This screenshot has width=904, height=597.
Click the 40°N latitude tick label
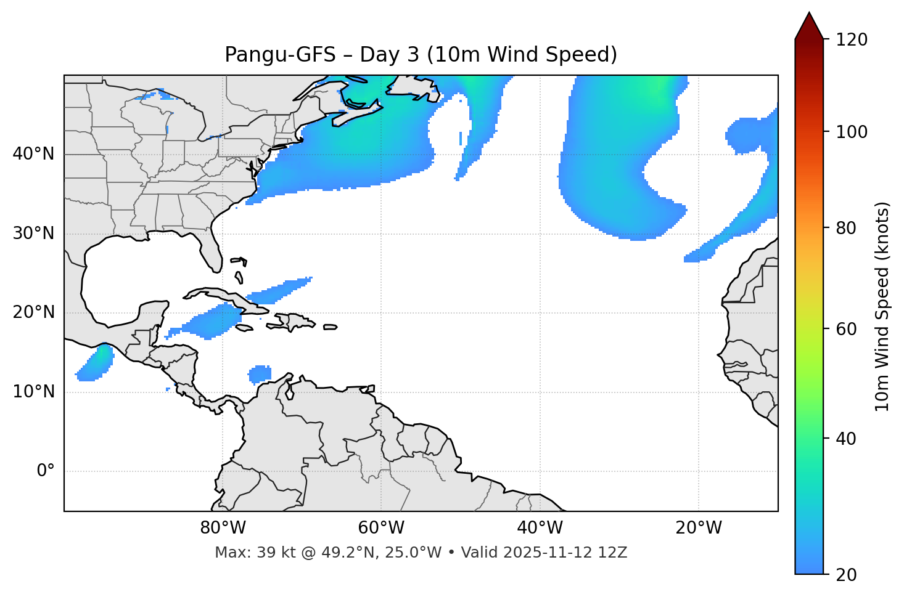coord(33,154)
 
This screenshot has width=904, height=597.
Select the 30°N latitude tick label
coord(33,234)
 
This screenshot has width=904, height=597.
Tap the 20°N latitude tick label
coord(33,313)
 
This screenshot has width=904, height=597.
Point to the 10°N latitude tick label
coord(33,392)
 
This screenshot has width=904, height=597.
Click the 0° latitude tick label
coord(46,471)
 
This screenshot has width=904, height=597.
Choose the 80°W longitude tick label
coord(223,528)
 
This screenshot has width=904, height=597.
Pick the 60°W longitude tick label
coord(381,528)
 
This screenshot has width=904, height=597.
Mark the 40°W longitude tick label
coord(540,528)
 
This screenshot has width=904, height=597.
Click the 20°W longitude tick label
coord(699,528)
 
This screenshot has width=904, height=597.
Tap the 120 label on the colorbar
coord(851,40)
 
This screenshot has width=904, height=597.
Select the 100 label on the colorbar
coord(851,132)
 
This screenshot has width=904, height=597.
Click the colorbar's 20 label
coord(846,575)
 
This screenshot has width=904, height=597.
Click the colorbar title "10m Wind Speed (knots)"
coord(883,307)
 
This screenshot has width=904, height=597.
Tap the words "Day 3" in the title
coord(388,55)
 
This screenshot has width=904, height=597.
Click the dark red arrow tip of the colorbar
coord(809,25)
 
